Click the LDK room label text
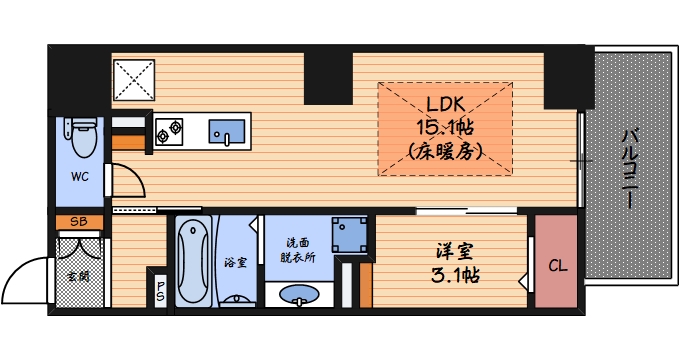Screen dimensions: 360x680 coord(445,103)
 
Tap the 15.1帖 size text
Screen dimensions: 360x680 coord(445,127)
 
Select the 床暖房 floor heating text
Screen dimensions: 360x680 coord(445,152)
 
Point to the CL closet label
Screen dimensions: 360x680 coord(556,265)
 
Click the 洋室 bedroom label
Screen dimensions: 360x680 coord(453,249)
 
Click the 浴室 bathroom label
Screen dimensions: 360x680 coord(235,263)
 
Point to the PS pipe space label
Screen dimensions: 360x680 coord(160,291)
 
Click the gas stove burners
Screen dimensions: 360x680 coord(169,129)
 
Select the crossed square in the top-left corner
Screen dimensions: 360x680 coord(133,78)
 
